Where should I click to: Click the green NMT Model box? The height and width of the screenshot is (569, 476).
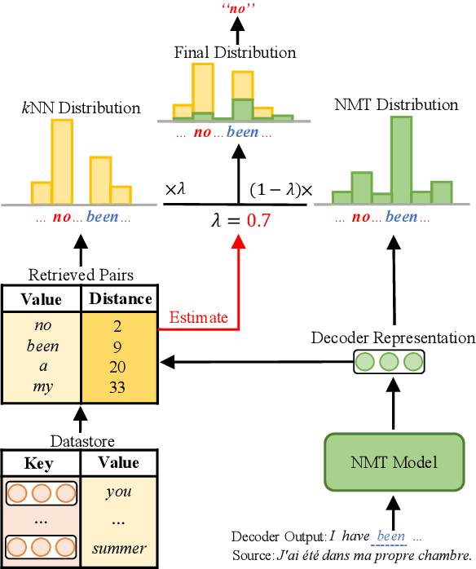point(394,462)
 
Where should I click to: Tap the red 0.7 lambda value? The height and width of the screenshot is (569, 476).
point(260,220)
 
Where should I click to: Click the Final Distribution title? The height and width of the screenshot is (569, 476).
point(235,52)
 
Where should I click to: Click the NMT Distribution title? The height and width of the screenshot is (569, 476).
point(396,104)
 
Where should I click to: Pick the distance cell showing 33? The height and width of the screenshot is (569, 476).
point(117,387)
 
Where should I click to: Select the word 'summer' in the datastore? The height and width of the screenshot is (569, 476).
point(119,548)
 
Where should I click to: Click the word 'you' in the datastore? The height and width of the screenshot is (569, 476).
point(119,492)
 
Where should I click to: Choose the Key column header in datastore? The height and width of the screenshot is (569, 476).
point(39,464)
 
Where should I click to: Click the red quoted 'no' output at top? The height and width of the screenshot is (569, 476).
point(237,9)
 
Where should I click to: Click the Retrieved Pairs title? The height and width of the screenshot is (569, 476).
point(79,275)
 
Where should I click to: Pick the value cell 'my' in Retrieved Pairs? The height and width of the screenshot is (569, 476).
point(43,387)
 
